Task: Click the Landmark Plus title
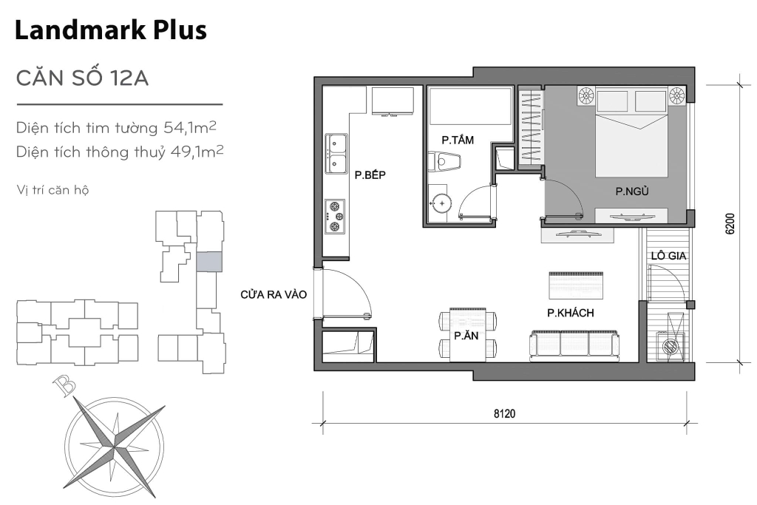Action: pos(110,30)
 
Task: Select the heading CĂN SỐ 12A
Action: pos(83,78)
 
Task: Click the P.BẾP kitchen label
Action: pos(370,175)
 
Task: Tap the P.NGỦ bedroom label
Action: pos(633,192)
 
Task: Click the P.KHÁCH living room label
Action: pos(571,313)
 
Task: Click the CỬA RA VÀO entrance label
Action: pos(274,294)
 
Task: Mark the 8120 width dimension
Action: pos(505,414)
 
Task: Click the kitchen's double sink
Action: pos(336,154)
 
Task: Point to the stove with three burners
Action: pos(336,214)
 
